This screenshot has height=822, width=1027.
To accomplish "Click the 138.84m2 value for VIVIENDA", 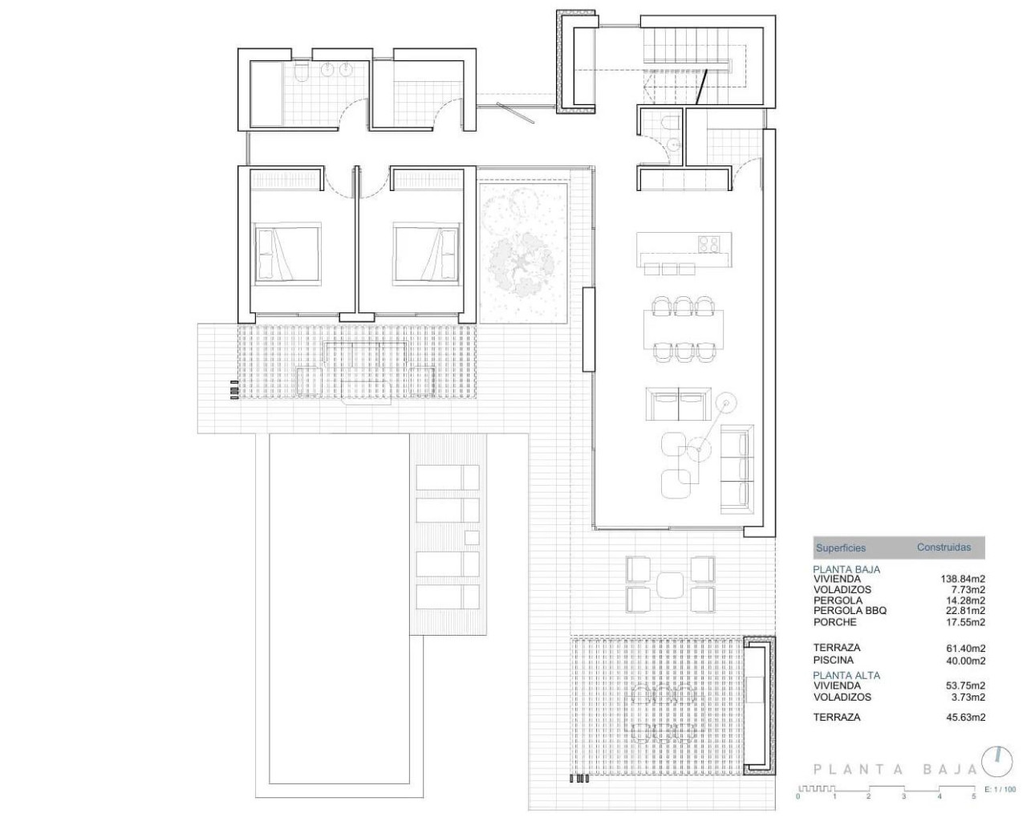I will [962, 579].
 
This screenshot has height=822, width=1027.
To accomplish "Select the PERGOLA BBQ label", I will [850, 611].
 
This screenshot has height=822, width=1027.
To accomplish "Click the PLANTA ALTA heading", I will [846, 675].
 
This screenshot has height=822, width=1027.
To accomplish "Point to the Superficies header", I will [840, 548].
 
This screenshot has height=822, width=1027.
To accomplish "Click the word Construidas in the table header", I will [944, 547].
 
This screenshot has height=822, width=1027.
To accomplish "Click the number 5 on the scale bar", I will [974, 796].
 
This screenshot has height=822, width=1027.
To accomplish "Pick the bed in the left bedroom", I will [287, 253].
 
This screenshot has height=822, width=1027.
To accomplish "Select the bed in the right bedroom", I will [426, 253].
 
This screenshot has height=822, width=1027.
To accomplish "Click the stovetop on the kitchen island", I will [709, 242].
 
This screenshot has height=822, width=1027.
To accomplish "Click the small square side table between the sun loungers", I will [472, 537].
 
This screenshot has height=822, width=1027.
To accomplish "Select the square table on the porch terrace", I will [669, 584].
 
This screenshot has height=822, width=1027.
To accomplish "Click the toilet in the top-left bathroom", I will [300, 75].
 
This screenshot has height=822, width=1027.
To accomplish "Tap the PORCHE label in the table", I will [834, 622].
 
